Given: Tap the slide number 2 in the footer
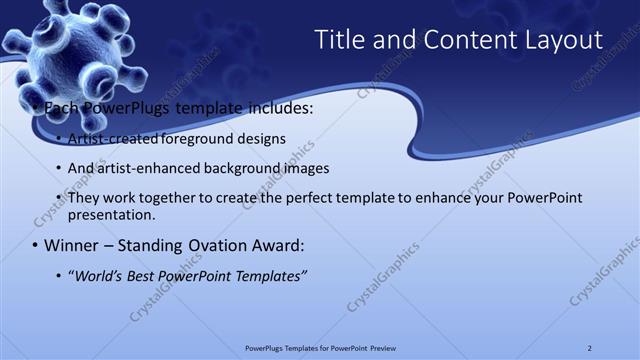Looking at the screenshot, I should tap(590, 347).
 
